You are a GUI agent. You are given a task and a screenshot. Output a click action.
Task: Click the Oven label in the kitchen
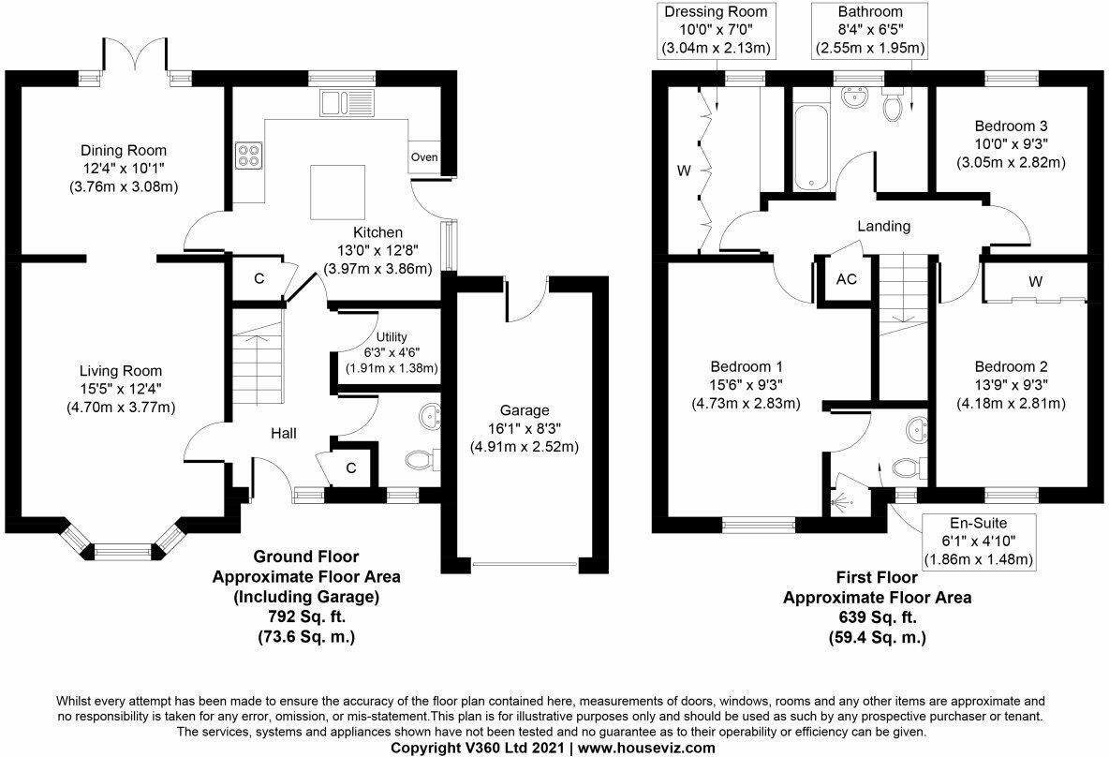click(x=424, y=157)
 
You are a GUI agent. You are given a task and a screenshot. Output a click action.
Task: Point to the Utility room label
click(x=391, y=337)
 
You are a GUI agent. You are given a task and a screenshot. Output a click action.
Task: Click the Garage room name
click(x=524, y=410)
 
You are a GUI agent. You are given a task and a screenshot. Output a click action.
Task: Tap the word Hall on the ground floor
click(x=284, y=433)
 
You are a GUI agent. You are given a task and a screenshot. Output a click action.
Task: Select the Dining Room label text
click(x=123, y=150)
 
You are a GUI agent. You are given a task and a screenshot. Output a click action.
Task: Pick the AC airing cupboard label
click(x=846, y=279)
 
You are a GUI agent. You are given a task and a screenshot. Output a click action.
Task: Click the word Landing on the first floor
click(x=884, y=226)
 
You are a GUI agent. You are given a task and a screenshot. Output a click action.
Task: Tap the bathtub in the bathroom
click(x=806, y=147)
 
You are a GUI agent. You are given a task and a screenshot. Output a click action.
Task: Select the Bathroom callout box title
click(x=870, y=12)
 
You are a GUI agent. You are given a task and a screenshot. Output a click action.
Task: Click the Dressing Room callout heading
click(x=715, y=12)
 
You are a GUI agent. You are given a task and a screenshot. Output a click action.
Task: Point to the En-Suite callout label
click(x=978, y=521)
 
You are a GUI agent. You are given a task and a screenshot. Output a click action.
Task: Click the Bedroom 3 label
click(x=1011, y=126)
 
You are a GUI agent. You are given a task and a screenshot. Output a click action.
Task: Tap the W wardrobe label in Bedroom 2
click(x=1035, y=281)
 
